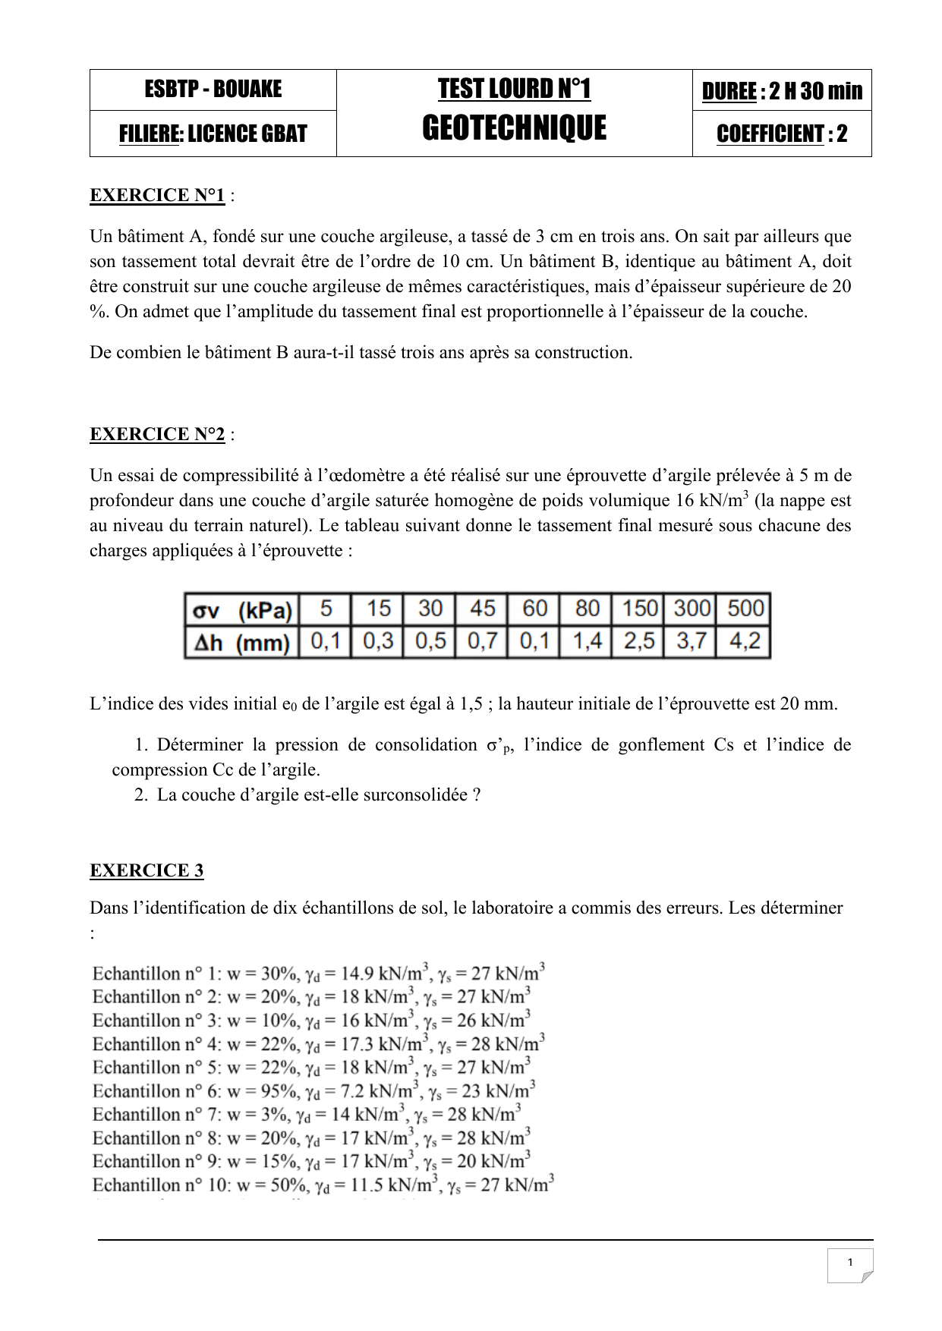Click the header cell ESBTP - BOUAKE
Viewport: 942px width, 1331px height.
[213, 90]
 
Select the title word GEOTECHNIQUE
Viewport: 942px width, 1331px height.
[514, 128]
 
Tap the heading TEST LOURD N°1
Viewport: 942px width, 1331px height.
[514, 90]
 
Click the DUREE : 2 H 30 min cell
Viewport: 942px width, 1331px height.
[782, 91]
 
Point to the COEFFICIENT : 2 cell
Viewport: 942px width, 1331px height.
[782, 134]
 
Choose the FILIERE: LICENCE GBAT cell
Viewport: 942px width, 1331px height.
[213, 134]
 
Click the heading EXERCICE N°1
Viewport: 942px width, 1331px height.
[157, 196]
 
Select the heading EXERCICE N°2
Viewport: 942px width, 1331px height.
[157, 434]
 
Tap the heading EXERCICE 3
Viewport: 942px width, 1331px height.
[146, 870]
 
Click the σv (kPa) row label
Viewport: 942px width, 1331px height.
[242, 610]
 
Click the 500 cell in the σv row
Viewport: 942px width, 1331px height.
[745, 609]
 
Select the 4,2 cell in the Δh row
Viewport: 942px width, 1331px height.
[745, 642]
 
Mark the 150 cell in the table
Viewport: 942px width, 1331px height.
[640, 609]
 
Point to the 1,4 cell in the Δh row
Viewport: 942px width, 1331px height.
[587, 642]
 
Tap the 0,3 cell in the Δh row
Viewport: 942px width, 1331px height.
[378, 642]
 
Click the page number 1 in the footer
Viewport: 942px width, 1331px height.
[849, 1262]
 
